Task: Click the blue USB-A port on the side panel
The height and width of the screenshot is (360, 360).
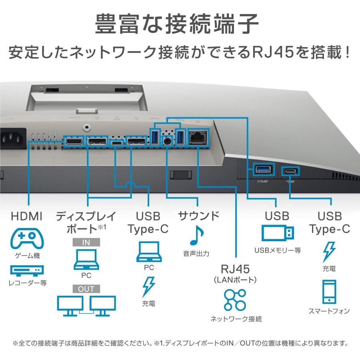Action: [x=263, y=170]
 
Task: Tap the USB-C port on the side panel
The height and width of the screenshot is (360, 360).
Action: [x=290, y=171]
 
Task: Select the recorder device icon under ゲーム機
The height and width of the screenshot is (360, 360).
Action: [x=27, y=271]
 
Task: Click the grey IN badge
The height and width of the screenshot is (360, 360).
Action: [x=86, y=242]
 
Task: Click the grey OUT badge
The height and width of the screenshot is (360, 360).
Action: [x=86, y=289]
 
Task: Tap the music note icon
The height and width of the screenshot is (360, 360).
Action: [x=196, y=236]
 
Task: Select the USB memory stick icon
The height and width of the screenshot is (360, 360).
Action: [x=277, y=233]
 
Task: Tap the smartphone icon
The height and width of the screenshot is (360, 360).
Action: [x=329, y=292]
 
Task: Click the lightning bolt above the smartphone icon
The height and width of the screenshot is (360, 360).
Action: [x=329, y=251]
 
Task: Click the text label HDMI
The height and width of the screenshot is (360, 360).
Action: [x=27, y=216]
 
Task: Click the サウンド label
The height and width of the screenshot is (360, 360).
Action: [x=199, y=216]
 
